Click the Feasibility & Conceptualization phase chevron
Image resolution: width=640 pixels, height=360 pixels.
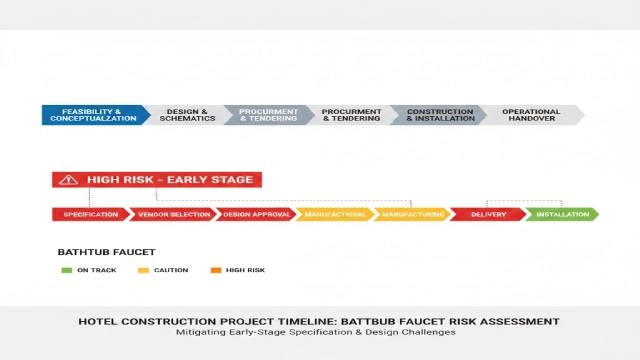click(x=92, y=115)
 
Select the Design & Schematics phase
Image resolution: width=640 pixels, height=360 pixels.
click(x=186, y=115)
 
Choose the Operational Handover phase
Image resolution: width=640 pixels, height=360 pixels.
click(x=530, y=115)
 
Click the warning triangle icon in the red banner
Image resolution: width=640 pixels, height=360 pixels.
click(x=68, y=180)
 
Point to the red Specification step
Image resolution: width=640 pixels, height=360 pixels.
click(x=90, y=214)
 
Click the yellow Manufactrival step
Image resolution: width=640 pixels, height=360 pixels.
click(x=334, y=214)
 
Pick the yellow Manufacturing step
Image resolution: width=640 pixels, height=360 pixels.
click(x=410, y=214)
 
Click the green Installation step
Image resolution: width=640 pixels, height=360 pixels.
click(x=561, y=214)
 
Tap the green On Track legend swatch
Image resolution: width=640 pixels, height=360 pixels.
click(x=67, y=270)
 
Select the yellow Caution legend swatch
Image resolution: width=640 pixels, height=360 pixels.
click(x=143, y=270)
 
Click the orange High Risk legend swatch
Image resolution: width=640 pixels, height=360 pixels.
click(x=216, y=270)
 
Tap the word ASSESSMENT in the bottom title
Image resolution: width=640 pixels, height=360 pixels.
click(x=520, y=321)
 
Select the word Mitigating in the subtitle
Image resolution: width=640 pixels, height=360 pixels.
click(x=200, y=332)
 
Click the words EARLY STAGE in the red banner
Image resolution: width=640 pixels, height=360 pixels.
click(x=215, y=180)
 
